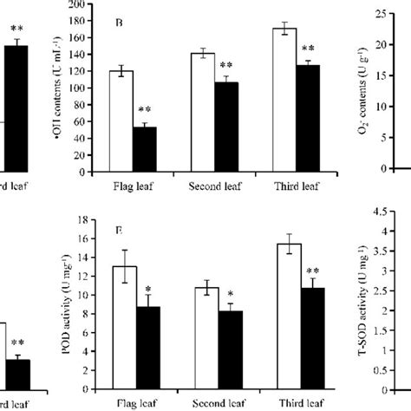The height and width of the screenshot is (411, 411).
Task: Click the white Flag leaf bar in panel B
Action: [121, 121]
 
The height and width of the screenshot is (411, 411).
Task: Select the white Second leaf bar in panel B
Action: [202, 112]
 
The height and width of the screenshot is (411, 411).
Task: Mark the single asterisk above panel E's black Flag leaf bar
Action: [149, 289]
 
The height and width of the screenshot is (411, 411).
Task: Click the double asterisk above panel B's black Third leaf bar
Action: [308, 49]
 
